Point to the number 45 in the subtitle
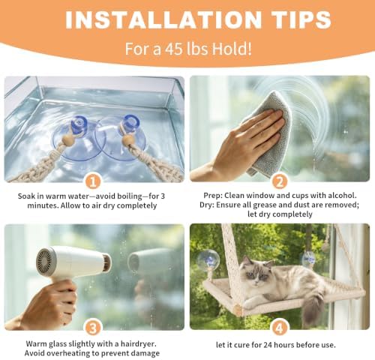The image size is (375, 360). click(173, 49)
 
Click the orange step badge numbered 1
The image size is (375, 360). click(93, 181)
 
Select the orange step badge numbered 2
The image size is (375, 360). click(280, 181)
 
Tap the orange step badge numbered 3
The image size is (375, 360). click(93, 328)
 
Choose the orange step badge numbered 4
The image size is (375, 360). click(280, 328)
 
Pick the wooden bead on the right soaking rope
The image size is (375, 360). click(127, 141)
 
